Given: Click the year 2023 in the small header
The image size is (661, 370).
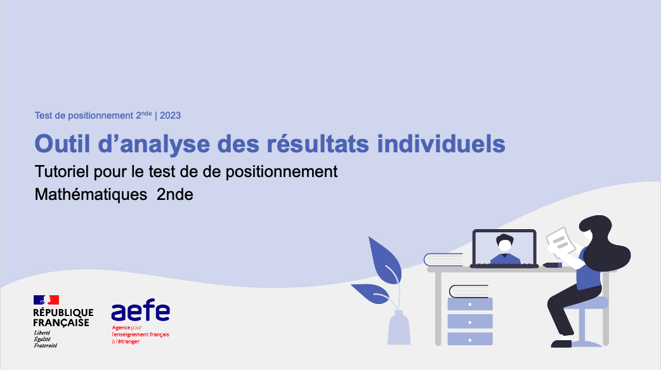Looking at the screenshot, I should pyautogui.click(x=170, y=116).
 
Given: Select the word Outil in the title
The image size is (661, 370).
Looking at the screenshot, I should pyautogui.click(x=60, y=143).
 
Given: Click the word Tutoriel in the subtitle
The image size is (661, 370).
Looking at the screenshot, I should pyautogui.click(x=62, y=171).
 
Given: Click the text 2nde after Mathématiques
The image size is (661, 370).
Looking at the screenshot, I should pyautogui.click(x=174, y=195).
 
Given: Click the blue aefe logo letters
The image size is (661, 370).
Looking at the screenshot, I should pyautogui.click(x=140, y=312).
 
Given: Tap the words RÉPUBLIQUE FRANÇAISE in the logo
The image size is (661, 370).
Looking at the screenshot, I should pyautogui.click(x=63, y=317).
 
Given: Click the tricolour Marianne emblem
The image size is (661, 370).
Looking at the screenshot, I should pyautogui.click(x=46, y=300).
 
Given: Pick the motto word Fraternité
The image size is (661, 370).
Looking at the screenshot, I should pyautogui.click(x=45, y=345).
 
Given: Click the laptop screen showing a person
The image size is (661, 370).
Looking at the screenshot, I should pyautogui.click(x=504, y=248).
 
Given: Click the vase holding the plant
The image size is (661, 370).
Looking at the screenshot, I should pyautogui.click(x=398, y=329).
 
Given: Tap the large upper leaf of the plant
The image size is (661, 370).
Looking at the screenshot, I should pyautogui.click(x=384, y=259).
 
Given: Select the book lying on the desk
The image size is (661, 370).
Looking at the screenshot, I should pyautogui.click(x=444, y=259).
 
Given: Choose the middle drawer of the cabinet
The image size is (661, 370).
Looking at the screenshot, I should pyautogui.click(x=470, y=321).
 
